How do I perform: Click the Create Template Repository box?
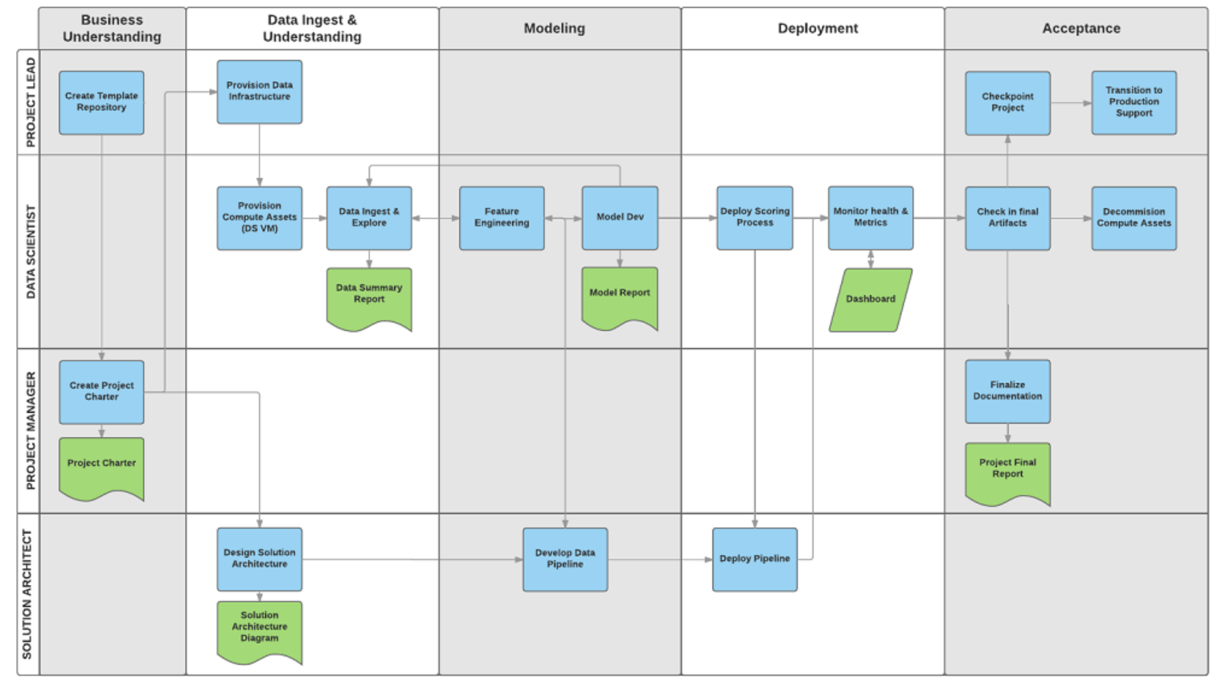[101, 102]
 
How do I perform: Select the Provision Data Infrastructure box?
[259, 92]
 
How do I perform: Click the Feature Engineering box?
[502, 218]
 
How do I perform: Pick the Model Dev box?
[620, 218]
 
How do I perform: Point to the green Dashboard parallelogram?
[871, 300]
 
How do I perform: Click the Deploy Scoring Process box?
[754, 218]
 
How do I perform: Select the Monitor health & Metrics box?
[870, 218]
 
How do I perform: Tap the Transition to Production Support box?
[1134, 102]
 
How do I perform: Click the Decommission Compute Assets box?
[1134, 218]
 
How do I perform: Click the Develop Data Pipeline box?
[565, 559]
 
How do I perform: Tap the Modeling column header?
[555, 29]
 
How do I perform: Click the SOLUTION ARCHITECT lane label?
[28, 594]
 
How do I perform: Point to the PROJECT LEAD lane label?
[31, 102]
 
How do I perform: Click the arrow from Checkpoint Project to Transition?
[1070, 103]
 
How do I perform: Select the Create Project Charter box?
[101, 391]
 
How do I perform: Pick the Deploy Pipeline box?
[754, 559]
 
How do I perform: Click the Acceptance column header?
[1081, 29]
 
